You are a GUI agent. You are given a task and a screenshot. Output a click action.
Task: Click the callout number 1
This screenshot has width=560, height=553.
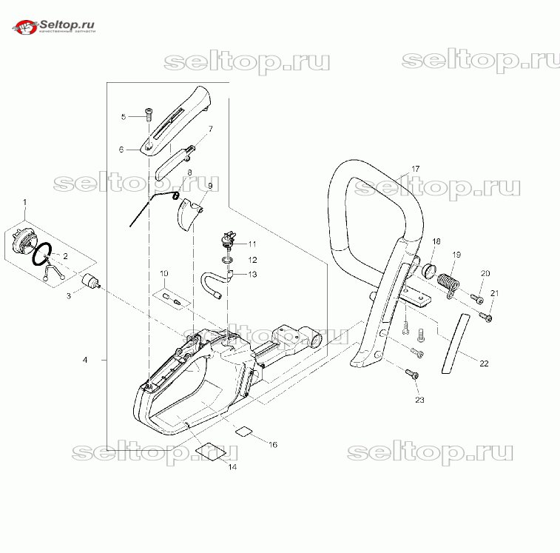[x=24, y=202]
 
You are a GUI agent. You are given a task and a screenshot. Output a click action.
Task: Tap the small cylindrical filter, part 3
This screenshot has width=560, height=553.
[x=89, y=284]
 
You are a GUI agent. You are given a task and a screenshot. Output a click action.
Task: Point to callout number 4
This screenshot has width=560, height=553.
[x=85, y=360]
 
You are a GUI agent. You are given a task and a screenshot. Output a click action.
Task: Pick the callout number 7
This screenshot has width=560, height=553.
[x=209, y=129]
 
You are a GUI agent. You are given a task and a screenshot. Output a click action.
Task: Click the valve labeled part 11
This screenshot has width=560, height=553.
[x=226, y=239]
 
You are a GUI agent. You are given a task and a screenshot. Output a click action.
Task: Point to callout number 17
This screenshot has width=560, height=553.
[x=415, y=170]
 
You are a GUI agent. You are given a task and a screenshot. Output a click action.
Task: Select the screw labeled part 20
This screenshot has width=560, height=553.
[x=477, y=299]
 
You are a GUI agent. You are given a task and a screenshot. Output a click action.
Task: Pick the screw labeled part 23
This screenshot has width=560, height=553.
[x=414, y=375]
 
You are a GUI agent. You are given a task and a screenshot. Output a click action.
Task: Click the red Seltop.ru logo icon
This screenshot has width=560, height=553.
[x=27, y=27]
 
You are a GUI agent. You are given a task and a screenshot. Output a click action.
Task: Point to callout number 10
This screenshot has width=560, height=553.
[x=163, y=274]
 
